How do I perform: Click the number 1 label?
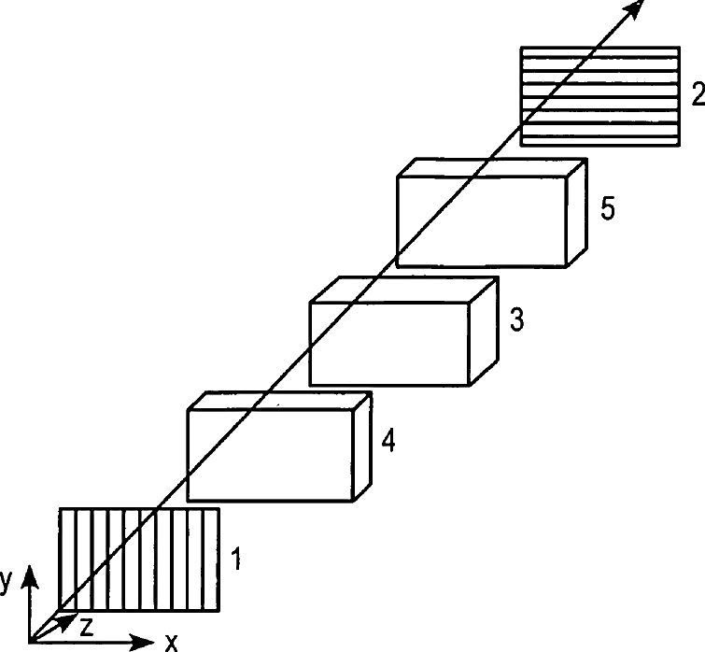235,559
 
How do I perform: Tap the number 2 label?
698,94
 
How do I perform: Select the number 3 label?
517,319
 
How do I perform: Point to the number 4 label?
388,441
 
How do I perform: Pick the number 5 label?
608,208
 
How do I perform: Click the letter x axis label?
171,643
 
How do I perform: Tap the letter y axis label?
5,582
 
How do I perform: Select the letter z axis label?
86,627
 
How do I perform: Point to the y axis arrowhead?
30,577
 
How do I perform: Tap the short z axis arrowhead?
67,621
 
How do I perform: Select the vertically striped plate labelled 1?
139,560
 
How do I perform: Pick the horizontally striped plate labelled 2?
599,96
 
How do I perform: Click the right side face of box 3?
484,331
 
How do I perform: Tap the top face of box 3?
404,290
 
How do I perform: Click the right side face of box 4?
362,446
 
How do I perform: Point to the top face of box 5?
492,167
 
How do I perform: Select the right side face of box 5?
577,213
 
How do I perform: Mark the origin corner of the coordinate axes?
30,642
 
